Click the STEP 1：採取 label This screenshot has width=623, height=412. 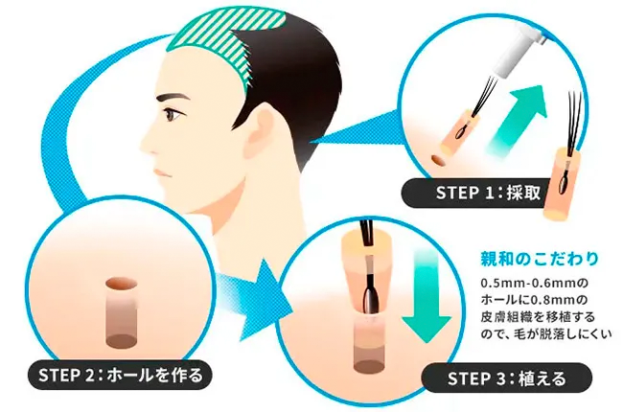click(488, 193)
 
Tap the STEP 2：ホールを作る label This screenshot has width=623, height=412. click(121, 375)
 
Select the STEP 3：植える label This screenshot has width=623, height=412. click(507, 378)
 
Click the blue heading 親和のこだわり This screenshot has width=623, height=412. click(540, 259)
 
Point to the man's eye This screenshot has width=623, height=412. click(173, 115)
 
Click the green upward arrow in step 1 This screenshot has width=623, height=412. click(519, 121)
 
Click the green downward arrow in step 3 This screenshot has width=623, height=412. click(427, 296)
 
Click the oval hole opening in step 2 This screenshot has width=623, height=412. click(121, 284)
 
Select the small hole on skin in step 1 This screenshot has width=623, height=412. click(438, 161)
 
